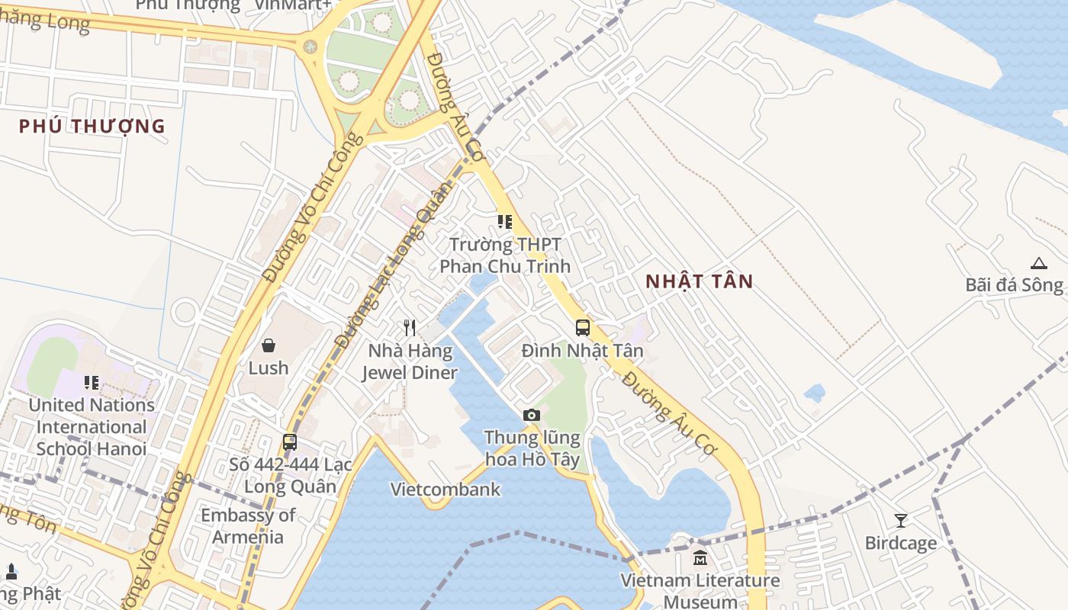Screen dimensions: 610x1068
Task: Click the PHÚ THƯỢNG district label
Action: click(x=92, y=126)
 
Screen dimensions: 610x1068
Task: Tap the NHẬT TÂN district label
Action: click(x=699, y=281)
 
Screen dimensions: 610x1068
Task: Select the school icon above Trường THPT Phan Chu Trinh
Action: click(x=505, y=222)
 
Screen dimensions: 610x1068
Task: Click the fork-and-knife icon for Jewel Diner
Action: click(x=410, y=328)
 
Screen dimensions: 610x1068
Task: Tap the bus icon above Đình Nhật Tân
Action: click(x=583, y=328)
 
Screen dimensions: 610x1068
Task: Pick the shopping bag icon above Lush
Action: click(x=269, y=345)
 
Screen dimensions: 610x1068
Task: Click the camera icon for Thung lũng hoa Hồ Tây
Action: click(x=532, y=415)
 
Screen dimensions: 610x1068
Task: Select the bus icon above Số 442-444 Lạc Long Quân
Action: click(x=290, y=441)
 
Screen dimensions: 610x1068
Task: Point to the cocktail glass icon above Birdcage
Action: click(x=901, y=521)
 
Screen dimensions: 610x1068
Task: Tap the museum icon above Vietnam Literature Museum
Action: click(x=700, y=558)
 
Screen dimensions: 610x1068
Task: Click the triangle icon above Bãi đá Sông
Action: click(x=1038, y=263)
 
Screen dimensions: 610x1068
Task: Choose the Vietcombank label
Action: click(x=446, y=490)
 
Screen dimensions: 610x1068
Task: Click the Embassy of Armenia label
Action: click(x=247, y=526)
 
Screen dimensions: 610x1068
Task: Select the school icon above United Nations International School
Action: click(x=92, y=382)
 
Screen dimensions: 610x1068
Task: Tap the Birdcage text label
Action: click(x=900, y=543)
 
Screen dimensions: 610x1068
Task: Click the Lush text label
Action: click(x=269, y=368)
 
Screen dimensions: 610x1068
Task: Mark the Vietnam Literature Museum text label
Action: click(x=700, y=591)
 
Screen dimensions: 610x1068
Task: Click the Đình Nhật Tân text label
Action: click(x=582, y=351)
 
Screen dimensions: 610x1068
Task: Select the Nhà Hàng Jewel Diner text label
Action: click(x=410, y=362)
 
